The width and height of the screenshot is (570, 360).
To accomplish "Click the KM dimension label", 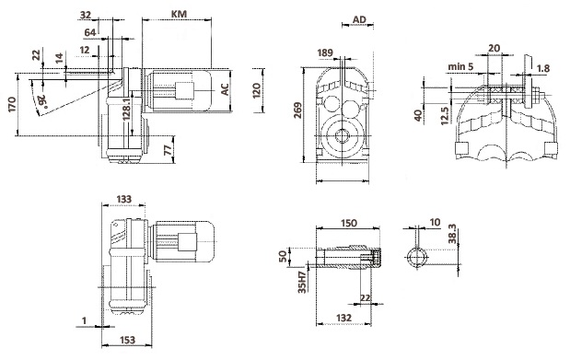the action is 179,14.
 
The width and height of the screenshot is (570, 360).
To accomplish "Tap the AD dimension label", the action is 359,19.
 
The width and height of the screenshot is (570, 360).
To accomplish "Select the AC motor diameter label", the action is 225,89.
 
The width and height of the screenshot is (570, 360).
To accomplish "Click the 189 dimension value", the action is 325,53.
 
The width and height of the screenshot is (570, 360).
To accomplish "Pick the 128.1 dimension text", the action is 127,109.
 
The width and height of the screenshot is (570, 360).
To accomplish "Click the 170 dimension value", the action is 12,104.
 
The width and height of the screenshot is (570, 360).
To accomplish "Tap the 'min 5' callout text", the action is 460,66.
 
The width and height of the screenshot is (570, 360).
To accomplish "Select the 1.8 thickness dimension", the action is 543,68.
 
